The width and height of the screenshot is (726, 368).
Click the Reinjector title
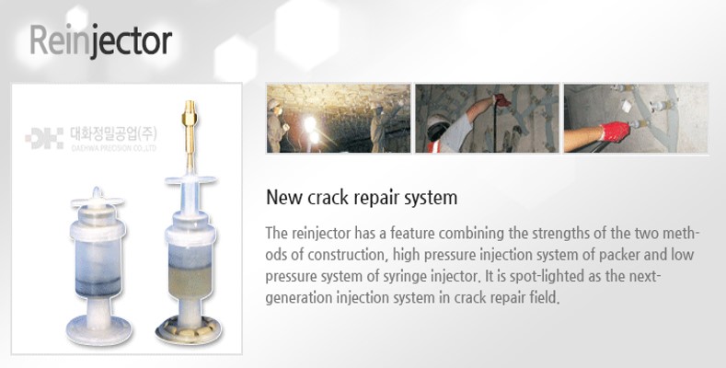pos(101,41)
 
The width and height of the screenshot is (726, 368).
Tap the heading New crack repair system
pos(362,197)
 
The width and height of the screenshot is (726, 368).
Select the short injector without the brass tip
pos(98,266)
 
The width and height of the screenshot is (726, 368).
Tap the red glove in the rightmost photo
pos(615,132)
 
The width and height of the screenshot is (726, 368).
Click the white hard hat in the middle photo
pos(438,122)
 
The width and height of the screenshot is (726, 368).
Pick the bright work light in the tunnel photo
pos(309,125)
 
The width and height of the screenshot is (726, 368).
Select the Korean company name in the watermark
pos(113,134)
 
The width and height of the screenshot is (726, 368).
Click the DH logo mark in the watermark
pos(44,138)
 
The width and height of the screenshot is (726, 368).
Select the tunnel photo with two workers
pos(339,118)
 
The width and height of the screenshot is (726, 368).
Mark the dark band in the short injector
pos(98,286)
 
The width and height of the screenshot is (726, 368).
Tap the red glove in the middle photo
pos(502,100)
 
